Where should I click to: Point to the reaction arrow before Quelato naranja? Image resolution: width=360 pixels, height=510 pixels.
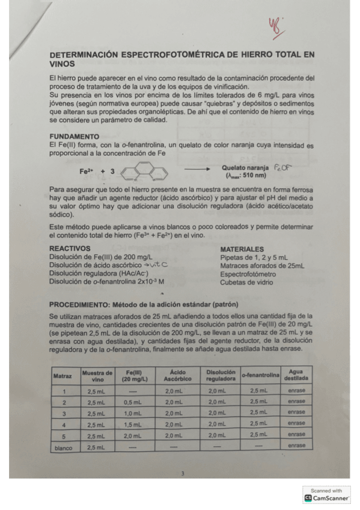point(196,171)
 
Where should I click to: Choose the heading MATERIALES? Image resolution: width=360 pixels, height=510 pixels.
point(242,248)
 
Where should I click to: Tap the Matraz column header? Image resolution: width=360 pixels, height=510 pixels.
point(63,376)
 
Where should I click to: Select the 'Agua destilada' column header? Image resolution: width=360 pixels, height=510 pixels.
point(296,375)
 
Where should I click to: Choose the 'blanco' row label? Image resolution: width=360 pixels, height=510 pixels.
point(63,447)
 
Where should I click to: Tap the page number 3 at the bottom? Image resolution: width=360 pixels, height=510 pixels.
point(183,474)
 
